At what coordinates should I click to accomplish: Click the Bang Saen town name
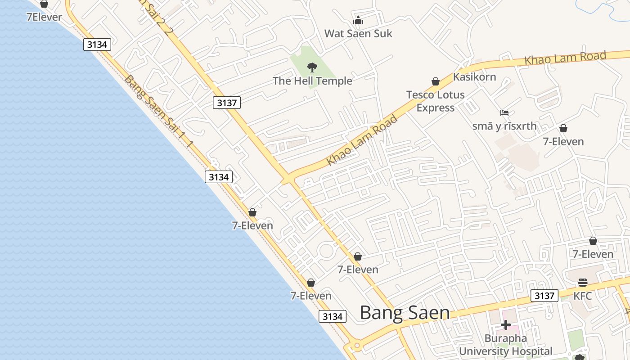point(405,313)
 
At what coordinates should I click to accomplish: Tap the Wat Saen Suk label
point(358,33)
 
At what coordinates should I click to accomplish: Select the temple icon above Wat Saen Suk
point(358,21)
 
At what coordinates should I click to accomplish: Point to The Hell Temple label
point(312,81)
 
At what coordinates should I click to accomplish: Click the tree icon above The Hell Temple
point(312,68)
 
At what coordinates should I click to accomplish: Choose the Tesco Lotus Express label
point(435,101)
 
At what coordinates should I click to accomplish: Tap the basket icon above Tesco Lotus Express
point(435,81)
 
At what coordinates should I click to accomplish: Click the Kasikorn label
point(474,76)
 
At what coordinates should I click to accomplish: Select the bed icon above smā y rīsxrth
point(504,113)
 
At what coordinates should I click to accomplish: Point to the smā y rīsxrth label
point(504,126)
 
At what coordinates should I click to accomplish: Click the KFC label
point(582,296)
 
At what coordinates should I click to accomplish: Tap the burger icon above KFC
point(582,283)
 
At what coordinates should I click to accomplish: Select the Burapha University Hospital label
point(505,345)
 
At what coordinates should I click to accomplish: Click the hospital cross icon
point(505,324)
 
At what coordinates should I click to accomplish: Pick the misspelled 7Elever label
point(44,17)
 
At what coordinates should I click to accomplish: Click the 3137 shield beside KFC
point(544,296)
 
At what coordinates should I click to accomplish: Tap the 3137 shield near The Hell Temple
point(227,103)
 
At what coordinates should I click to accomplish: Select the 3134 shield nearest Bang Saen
point(333,316)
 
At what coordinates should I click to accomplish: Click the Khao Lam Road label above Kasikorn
point(565,58)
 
